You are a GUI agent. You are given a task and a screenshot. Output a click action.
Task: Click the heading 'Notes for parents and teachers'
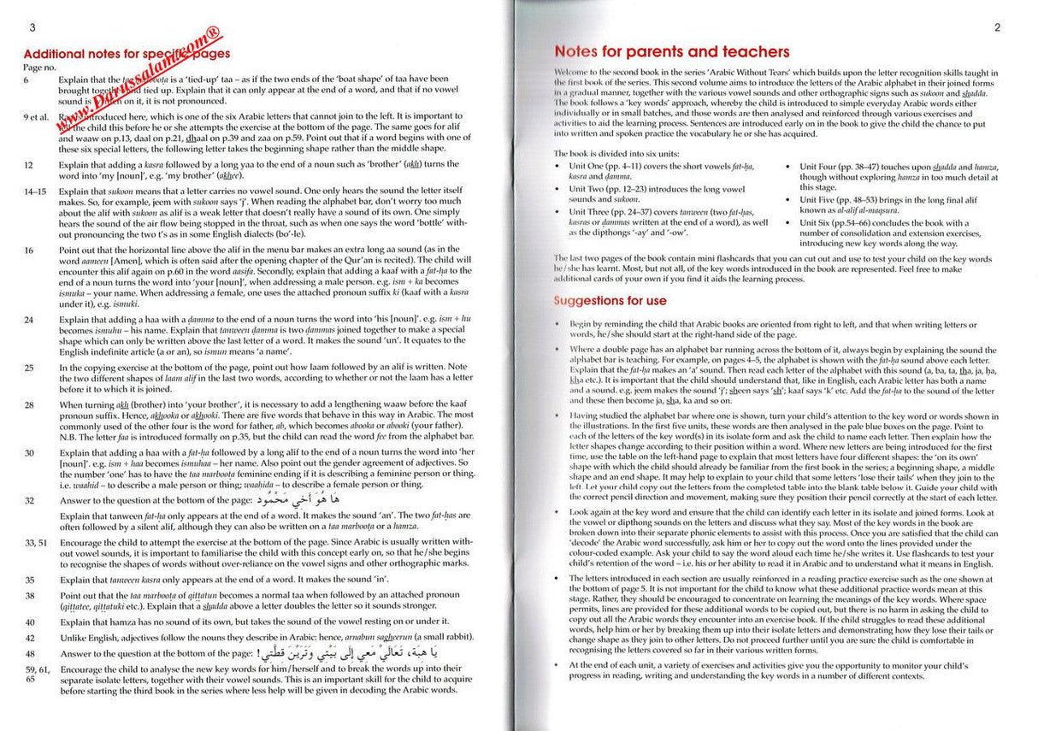pyautogui.click(x=672, y=52)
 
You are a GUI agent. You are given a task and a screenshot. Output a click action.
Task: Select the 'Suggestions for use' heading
pyautogui.click(x=610, y=301)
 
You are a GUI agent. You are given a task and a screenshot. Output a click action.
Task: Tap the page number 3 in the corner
pyautogui.click(x=31, y=27)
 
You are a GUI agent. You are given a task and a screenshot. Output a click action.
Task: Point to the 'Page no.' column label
pyautogui.click(x=39, y=66)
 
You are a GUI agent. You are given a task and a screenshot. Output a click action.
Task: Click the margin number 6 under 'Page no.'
pyautogui.click(x=27, y=80)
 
